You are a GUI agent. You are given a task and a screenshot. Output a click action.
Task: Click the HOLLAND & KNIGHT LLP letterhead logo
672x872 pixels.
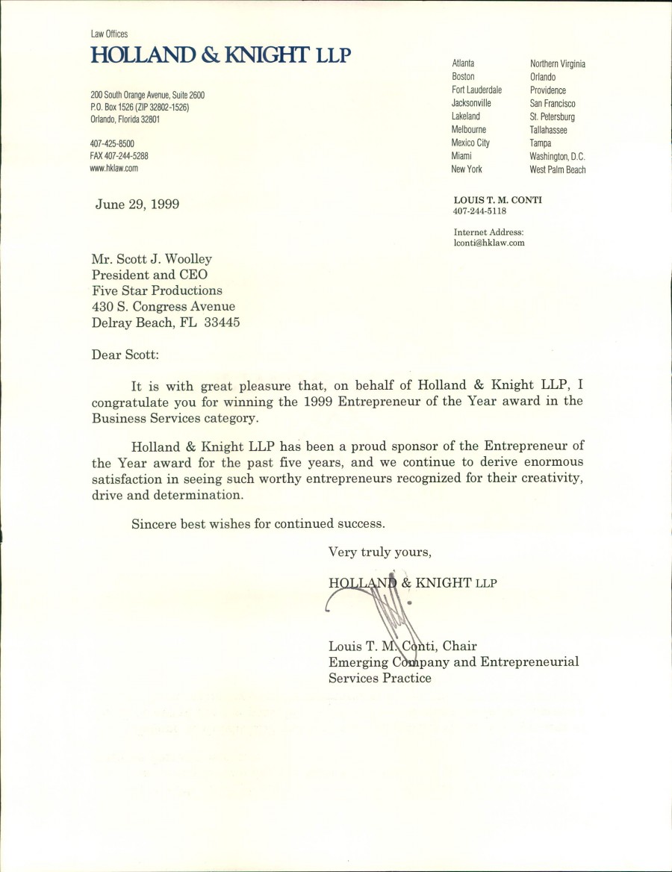(220, 55)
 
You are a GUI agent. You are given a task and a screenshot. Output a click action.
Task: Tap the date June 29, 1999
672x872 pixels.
(137, 204)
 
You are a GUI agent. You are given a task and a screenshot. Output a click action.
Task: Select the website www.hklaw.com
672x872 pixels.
(114, 169)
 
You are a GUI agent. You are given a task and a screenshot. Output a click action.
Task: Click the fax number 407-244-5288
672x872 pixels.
(119, 156)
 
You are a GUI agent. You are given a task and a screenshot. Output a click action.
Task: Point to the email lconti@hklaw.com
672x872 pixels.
(488, 243)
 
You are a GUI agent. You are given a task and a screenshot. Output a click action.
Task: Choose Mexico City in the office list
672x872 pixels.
(470, 143)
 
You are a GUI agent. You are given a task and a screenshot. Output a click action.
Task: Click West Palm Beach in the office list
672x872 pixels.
(558, 169)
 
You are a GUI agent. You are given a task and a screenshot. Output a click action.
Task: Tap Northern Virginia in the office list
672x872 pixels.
(557, 63)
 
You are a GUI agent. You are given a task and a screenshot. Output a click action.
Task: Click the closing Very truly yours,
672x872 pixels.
(379, 552)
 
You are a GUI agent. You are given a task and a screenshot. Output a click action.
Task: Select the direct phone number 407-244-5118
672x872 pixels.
(479, 211)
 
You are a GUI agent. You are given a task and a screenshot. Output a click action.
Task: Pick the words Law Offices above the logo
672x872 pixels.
(109, 34)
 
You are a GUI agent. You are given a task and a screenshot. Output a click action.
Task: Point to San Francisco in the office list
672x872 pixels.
(553, 103)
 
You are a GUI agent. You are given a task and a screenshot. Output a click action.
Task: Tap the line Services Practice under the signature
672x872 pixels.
(380, 678)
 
